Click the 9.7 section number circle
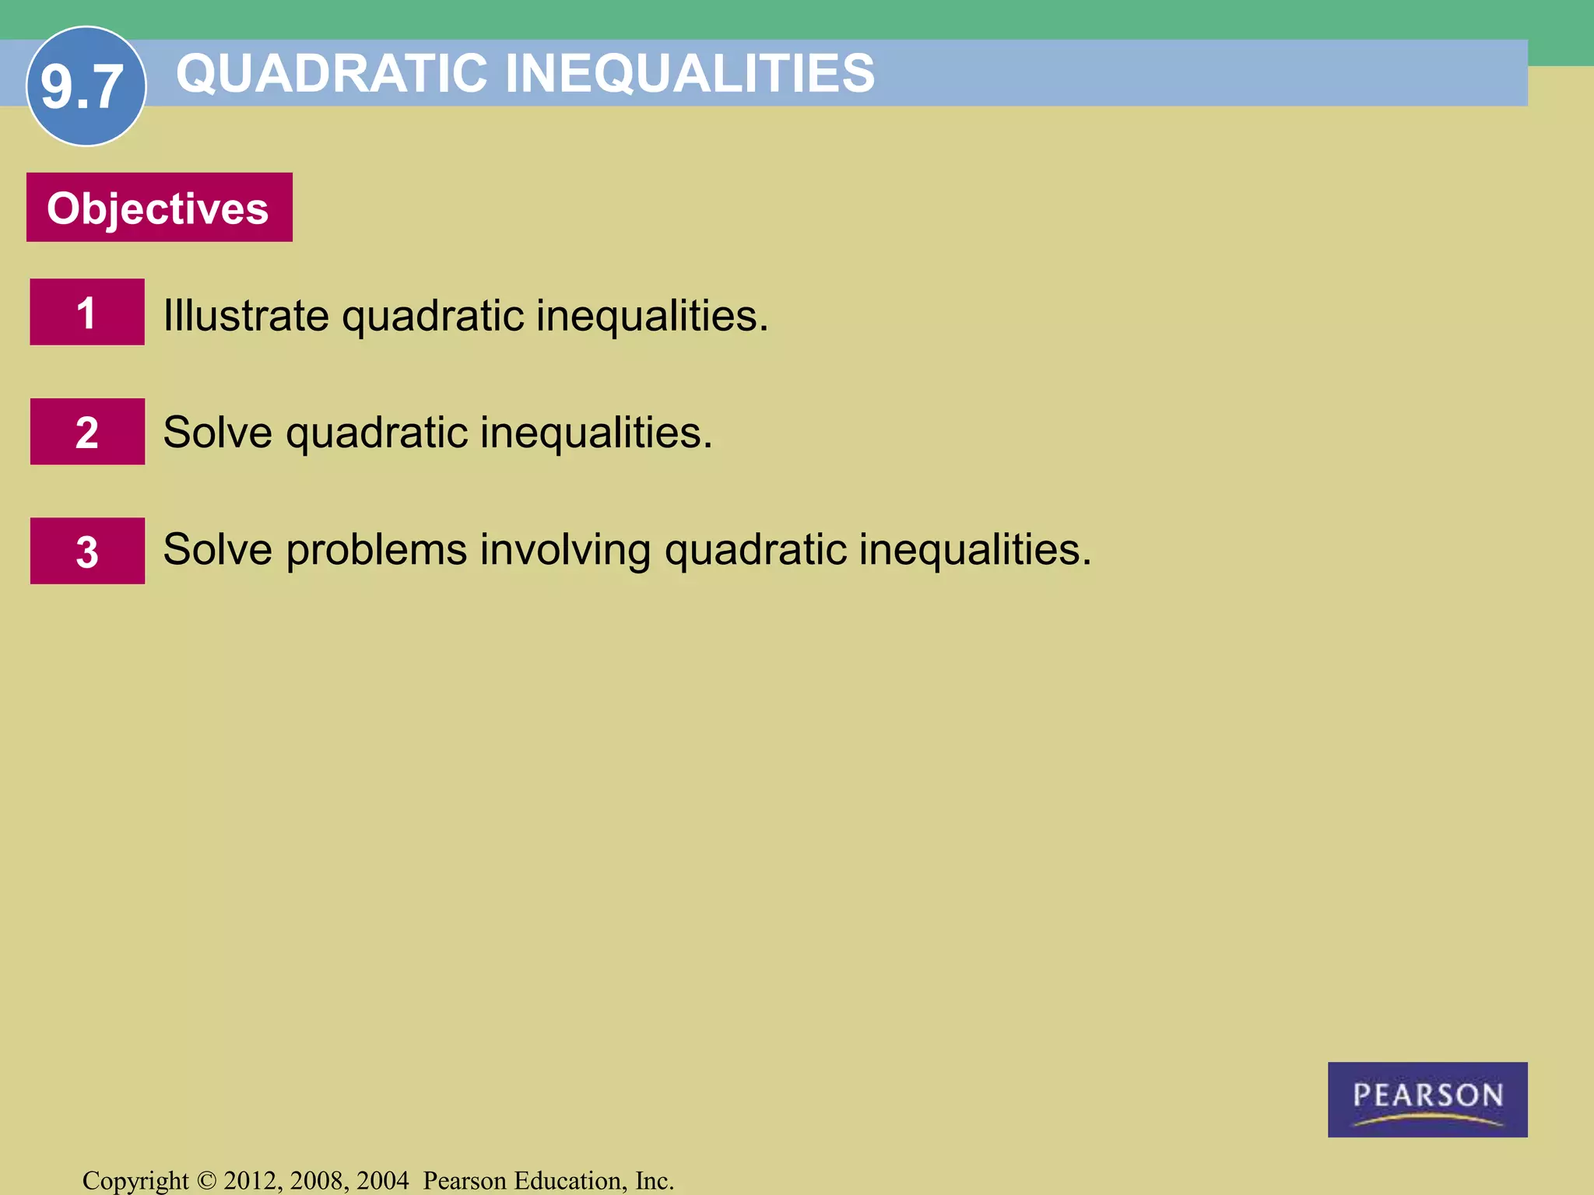point(86,86)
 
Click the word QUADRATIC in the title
point(332,74)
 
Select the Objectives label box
point(160,208)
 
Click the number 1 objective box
point(87,312)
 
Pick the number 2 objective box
point(87,432)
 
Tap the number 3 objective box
point(87,551)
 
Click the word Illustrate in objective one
point(246,316)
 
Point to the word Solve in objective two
point(217,433)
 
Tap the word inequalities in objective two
point(595,433)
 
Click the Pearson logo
point(1427,1099)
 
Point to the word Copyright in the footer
point(135,1181)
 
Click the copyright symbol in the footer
point(206,1181)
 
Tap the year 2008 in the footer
point(318,1181)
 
